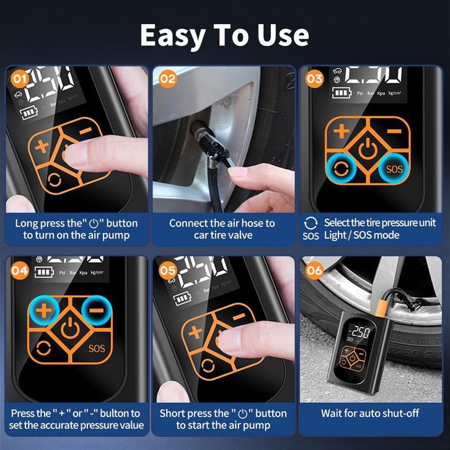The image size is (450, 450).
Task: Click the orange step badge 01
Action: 20,79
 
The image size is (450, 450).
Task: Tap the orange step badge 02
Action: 167,79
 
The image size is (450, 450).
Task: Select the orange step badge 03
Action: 314,79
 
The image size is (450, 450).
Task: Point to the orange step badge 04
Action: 20,270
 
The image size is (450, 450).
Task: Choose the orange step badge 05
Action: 167,270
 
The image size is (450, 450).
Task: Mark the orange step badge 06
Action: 314,270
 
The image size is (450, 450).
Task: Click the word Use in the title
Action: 283,35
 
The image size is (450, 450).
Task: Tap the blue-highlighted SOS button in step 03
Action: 394,169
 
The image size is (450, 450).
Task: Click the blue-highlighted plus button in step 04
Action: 44,311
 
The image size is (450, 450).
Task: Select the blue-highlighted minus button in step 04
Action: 97,311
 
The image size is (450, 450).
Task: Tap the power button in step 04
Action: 70,329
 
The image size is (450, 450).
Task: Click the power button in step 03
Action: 368,148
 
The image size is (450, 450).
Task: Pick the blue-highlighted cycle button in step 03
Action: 342,169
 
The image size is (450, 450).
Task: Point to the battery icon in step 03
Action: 342,93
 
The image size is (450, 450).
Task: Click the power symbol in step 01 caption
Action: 94,223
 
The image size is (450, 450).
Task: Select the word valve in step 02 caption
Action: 240,236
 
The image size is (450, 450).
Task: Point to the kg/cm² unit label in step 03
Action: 395,93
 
